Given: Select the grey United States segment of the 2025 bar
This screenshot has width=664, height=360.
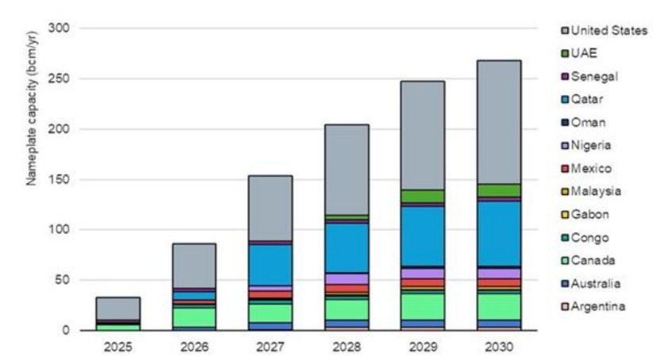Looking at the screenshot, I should [118, 308].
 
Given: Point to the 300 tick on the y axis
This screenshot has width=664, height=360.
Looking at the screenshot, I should [60, 29].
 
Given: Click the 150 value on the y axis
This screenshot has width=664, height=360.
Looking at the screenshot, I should [60, 179].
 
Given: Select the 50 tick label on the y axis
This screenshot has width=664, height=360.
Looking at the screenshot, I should [63, 280].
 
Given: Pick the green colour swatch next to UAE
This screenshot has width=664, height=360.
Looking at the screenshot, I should [564, 53].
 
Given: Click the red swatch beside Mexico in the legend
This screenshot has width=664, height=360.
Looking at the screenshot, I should [564, 168].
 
